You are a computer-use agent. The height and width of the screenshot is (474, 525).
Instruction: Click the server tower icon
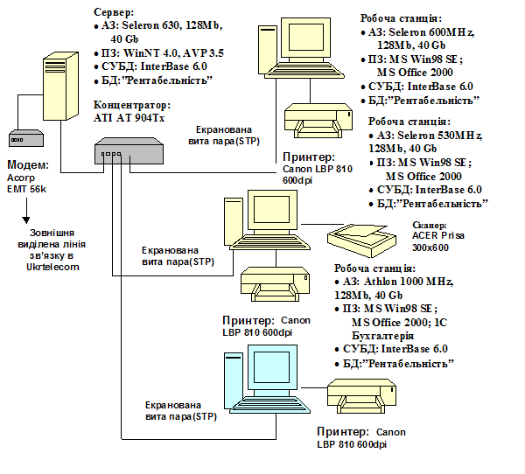tap(60, 86)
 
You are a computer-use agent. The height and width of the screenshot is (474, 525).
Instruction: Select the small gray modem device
tap(26, 138)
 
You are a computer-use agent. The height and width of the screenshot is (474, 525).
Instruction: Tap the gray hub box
tap(129, 150)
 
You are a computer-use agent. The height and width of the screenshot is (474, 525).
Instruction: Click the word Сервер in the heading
tap(114, 12)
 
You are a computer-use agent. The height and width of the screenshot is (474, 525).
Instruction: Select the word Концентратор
tap(132, 105)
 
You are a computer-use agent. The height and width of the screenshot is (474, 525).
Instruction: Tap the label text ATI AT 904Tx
tap(129, 118)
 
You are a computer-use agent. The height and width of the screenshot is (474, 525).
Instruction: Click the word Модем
tap(28, 164)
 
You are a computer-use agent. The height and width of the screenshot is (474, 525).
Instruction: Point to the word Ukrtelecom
tap(52, 267)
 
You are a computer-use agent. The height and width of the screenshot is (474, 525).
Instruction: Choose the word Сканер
tap(430, 226)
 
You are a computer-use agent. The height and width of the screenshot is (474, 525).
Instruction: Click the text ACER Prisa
tap(438, 235)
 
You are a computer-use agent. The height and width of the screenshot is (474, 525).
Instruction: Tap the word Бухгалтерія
tap(382, 336)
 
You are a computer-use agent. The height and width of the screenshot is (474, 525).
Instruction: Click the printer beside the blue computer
tap(361, 396)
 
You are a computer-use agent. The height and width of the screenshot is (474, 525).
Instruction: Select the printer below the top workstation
tap(318, 121)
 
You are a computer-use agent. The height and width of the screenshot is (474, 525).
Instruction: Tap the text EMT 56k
tap(26, 189)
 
